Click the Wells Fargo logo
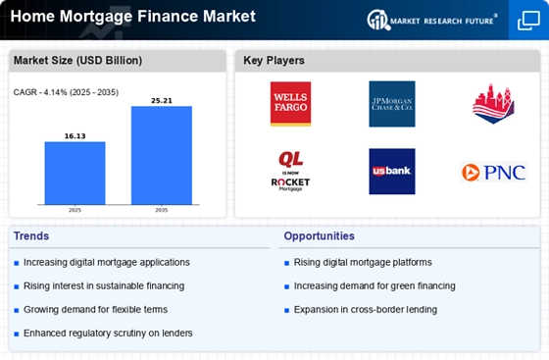(x=290, y=104)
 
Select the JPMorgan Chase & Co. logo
(x=392, y=104)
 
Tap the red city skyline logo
(x=493, y=104)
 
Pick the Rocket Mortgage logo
(x=290, y=172)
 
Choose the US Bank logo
(x=392, y=172)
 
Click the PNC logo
(x=494, y=172)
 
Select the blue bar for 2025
(x=75, y=173)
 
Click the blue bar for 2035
(x=162, y=155)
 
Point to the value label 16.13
(x=75, y=136)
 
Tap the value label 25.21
(x=162, y=100)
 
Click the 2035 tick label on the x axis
(x=162, y=210)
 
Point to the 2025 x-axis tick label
(x=75, y=210)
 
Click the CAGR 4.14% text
(x=66, y=92)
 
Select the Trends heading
(x=31, y=236)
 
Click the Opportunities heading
(x=319, y=236)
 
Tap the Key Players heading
(x=274, y=61)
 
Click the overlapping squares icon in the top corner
(x=528, y=21)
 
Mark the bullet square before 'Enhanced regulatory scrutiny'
(x=16, y=334)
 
